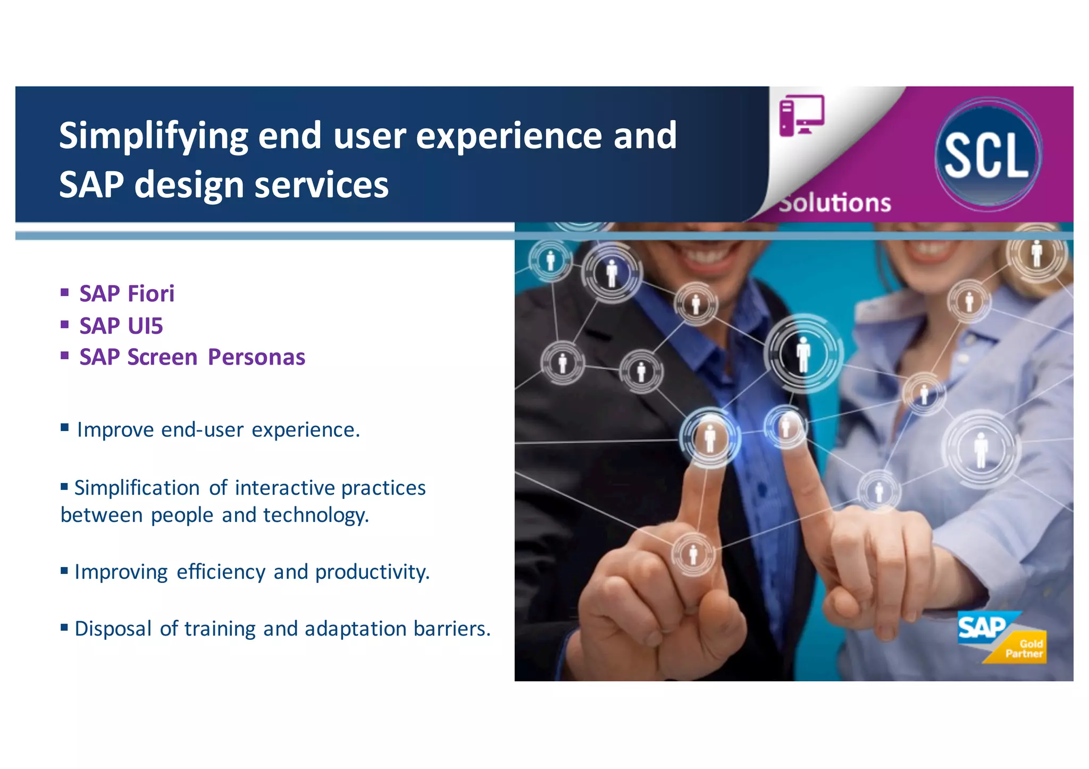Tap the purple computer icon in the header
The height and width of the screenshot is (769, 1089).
[801, 115]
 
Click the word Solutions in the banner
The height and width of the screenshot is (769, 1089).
[835, 203]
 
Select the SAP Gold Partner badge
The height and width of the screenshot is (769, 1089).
[1002, 637]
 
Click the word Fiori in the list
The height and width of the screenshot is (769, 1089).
[151, 294]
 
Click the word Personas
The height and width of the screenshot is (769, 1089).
[256, 357]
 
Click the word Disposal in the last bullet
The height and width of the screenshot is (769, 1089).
[113, 629]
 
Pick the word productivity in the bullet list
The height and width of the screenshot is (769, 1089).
[372, 572]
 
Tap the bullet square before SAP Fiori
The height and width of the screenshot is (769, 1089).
[65, 292]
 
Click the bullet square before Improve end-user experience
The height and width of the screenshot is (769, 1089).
[65, 427]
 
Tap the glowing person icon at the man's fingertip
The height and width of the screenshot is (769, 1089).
[710, 438]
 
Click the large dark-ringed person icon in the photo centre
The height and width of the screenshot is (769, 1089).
[803, 353]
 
